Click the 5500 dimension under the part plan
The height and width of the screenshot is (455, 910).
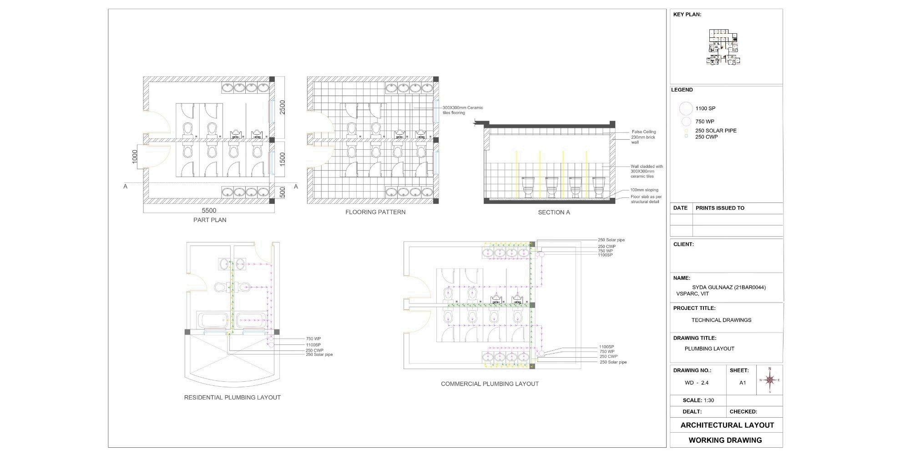point(209,210)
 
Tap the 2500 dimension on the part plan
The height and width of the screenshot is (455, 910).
point(283,107)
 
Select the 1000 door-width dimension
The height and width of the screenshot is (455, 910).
point(135,157)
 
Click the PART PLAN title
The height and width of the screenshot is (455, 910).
point(210,220)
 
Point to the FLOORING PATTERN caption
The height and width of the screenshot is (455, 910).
point(375,212)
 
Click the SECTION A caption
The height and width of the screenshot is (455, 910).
point(554,212)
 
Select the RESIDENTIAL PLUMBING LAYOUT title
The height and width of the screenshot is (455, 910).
point(232,398)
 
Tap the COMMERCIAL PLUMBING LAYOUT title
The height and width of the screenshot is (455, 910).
point(490,384)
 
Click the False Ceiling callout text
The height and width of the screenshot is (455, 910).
point(644,132)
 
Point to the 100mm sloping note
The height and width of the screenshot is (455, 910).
point(644,190)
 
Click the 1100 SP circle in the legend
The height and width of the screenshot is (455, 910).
point(686,109)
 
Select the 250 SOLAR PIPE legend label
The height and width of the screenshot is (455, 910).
point(716,131)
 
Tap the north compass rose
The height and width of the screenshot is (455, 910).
point(769,379)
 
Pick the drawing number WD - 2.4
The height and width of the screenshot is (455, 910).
point(697,383)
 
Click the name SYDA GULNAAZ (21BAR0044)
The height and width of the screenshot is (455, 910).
point(728,288)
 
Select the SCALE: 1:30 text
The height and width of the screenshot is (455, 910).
point(698,401)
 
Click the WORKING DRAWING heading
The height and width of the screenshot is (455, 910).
point(725,440)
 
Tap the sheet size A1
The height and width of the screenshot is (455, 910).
point(743,383)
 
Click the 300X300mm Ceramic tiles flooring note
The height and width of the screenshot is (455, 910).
point(462,110)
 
